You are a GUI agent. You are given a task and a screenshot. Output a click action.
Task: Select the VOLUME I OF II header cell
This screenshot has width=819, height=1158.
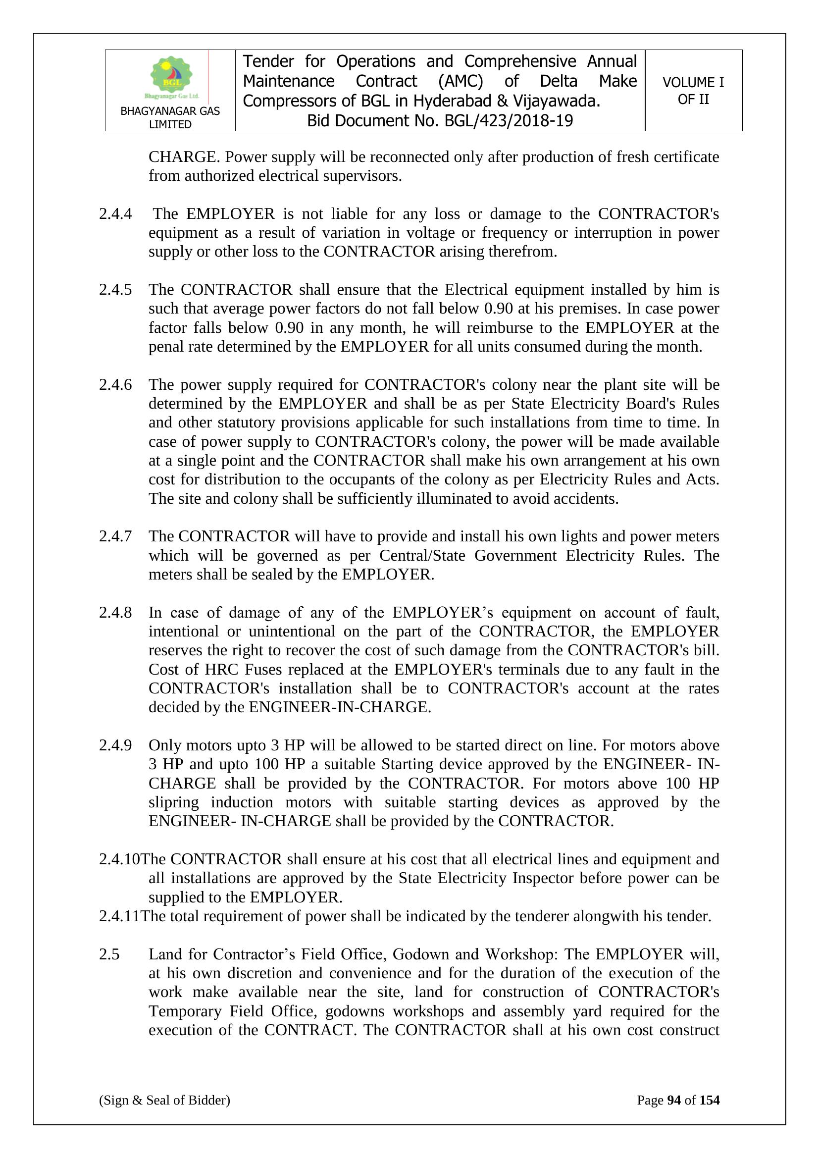693,91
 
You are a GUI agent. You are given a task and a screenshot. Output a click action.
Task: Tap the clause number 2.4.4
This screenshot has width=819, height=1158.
115,214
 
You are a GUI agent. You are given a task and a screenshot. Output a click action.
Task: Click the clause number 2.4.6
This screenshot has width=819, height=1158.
115,385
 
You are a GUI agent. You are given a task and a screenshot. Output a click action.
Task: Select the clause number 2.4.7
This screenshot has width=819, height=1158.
115,536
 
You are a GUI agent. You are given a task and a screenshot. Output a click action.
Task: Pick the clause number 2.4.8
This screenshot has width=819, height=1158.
115,612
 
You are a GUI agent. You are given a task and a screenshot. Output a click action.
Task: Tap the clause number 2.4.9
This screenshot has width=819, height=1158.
115,745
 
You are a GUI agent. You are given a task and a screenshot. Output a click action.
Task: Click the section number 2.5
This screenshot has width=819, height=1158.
109,954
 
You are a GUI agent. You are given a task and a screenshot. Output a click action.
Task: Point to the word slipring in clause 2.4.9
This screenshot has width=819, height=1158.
173,802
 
